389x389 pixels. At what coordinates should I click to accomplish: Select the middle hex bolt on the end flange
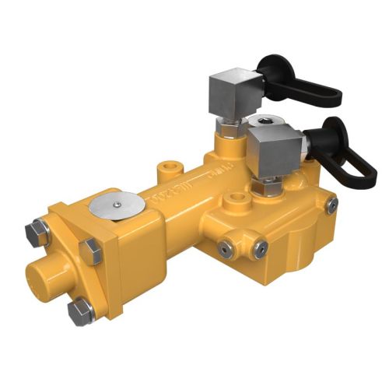tap(91, 251)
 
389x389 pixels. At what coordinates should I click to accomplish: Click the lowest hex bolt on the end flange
tap(80, 312)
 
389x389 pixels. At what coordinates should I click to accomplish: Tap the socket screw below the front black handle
tap(332, 205)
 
